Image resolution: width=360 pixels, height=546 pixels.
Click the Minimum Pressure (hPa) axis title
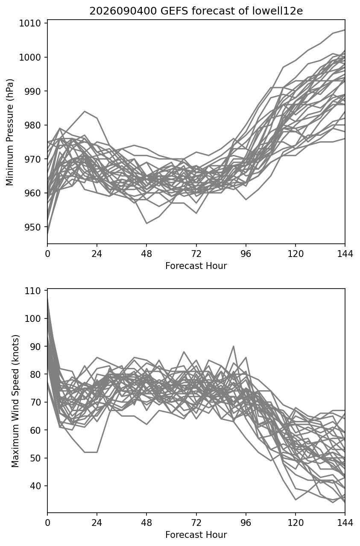point(10,132)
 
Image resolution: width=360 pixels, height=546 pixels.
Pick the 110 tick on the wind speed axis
point(32,291)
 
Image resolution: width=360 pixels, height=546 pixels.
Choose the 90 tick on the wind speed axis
point(35,346)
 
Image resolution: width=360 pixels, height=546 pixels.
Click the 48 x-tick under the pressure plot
point(146,254)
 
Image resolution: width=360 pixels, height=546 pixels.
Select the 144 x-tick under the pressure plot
point(345,254)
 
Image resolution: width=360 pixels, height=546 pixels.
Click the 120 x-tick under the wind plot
point(296,523)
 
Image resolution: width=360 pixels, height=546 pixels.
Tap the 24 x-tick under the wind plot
point(97,523)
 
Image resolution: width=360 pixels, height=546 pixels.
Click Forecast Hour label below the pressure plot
point(196,266)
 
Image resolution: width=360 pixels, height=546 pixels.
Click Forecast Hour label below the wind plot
point(196,535)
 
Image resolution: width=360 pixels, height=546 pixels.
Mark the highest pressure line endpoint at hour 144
point(345,30)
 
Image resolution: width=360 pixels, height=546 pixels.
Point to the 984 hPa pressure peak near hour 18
point(85,111)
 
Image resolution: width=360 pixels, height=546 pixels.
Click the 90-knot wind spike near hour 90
point(234,346)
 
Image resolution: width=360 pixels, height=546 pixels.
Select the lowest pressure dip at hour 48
point(146,223)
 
